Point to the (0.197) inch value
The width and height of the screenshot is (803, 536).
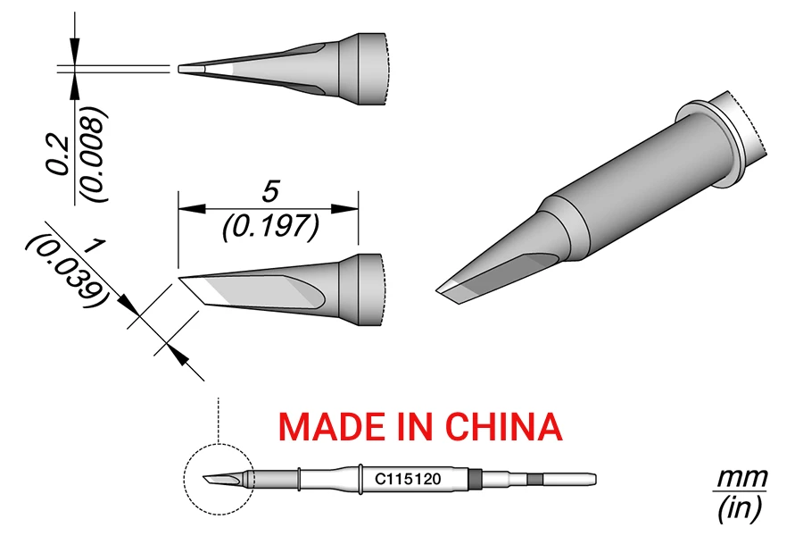pos(269,227)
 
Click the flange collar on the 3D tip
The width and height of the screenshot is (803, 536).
pos(714,134)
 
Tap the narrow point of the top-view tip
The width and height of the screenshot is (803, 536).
pos(183,68)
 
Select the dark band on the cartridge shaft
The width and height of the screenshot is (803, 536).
pos(476,479)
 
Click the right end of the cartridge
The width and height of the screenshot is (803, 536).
pos(593,479)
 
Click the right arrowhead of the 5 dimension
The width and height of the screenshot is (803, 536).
pos(352,209)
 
